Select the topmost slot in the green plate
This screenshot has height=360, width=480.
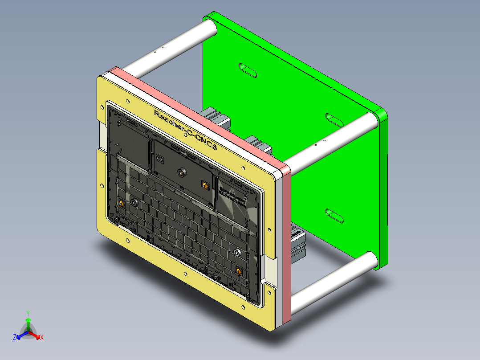click(x=248, y=70)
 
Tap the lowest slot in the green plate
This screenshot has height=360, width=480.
click(x=334, y=215)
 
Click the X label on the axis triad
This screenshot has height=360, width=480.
click(x=41, y=337)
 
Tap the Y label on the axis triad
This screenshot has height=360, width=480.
click(x=28, y=313)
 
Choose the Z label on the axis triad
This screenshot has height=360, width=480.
click(x=15, y=337)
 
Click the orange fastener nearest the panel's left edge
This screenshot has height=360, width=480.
click(x=121, y=204)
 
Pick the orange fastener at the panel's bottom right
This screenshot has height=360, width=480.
click(x=240, y=270)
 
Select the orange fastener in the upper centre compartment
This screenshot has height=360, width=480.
click(x=204, y=184)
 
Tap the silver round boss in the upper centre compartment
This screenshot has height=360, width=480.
click(x=181, y=172)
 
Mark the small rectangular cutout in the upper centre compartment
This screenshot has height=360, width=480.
click(x=160, y=158)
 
